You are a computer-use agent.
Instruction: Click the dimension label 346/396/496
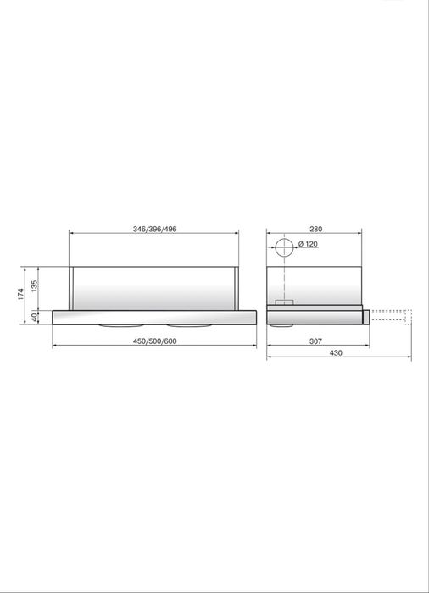(x=154, y=229)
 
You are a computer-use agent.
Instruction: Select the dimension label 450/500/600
(x=154, y=341)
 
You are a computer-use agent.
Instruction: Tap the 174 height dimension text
(x=21, y=294)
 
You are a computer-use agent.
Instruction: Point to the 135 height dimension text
(x=35, y=286)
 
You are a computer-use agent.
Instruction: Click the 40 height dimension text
(x=35, y=318)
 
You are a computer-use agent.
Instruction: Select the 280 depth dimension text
(x=315, y=229)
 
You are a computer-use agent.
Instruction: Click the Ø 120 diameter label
(x=308, y=244)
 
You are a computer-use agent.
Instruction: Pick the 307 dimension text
(x=315, y=341)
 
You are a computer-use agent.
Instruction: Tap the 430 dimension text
(x=336, y=353)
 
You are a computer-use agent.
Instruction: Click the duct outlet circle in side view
(x=284, y=247)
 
